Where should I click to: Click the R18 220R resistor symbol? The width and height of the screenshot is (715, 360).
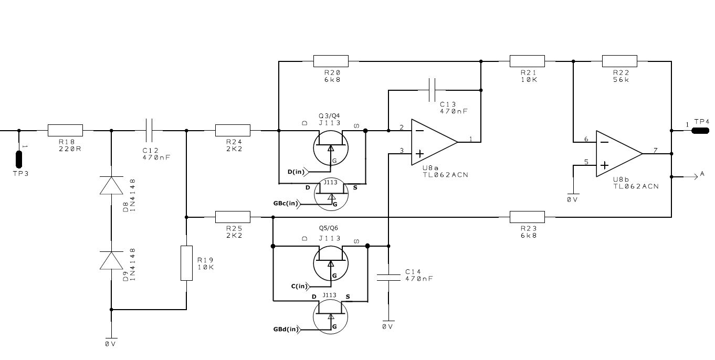(x=65, y=130)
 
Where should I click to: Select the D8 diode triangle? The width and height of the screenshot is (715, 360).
(x=111, y=185)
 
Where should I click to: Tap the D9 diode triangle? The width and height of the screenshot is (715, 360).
(x=111, y=260)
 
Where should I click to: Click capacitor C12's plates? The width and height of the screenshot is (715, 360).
(x=149, y=130)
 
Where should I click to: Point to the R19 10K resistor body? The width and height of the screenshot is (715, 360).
(x=186, y=263)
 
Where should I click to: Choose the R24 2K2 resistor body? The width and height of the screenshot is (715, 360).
(x=233, y=130)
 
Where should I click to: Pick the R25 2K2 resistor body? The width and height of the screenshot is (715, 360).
(x=233, y=217)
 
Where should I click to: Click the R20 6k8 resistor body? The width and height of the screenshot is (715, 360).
(x=331, y=61)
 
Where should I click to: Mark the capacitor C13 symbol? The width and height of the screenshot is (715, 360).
(x=432, y=90)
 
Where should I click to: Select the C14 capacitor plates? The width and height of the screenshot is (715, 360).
(x=388, y=277)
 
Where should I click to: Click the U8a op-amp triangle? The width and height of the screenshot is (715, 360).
(x=435, y=142)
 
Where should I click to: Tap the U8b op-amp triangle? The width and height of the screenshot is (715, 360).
(x=619, y=154)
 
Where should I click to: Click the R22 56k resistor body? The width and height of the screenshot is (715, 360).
(x=619, y=61)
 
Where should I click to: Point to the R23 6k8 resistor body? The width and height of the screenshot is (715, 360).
(x=527, y=217)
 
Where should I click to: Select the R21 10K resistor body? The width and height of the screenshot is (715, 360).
(x=527, y=61)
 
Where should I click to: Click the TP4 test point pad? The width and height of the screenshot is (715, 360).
(x=700, y=131)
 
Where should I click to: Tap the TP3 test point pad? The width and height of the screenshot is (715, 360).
(x=19, y=159)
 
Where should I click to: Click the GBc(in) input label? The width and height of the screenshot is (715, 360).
(x=286, y=203)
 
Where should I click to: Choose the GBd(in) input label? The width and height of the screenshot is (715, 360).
(x=286, y=329)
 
